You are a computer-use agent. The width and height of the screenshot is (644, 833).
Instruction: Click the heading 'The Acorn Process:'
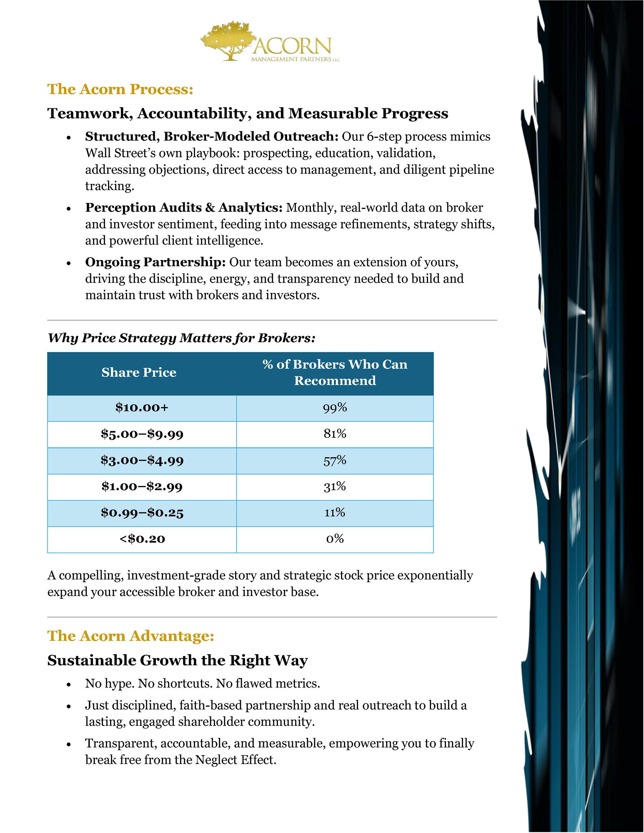[x=120, y=89]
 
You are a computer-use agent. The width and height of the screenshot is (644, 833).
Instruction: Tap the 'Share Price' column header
[x=139, y=372]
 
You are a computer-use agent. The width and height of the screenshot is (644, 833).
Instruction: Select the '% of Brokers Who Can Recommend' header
[x=335, y=372]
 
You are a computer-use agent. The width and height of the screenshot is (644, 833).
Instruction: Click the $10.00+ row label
[x=142, y=408]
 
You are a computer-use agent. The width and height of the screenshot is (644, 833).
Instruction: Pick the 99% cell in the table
[x=335, y=408]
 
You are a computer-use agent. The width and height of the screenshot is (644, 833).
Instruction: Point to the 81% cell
[x=335, y=434]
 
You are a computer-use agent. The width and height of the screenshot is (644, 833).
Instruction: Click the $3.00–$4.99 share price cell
[x=142, y=460]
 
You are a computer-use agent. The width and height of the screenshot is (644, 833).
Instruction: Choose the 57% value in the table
[x=335, y=460]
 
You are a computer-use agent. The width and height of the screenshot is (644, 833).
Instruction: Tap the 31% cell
[x=335, y=486]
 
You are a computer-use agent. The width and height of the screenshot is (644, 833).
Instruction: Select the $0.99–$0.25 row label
[x=142, y=513]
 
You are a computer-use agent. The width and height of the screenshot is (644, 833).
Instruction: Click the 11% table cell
[x=335, y=513]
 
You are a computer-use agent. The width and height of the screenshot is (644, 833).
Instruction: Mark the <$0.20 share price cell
[x=142, y=539]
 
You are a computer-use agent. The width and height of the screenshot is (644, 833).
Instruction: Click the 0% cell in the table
[x=335, y=539]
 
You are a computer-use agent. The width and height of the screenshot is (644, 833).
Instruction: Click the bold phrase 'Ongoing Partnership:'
[x=155, y=262]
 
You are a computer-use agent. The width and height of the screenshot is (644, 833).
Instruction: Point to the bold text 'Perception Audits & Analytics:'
[x=184, y=208]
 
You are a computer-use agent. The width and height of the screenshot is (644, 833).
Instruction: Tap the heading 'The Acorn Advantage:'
[x=130, y=636]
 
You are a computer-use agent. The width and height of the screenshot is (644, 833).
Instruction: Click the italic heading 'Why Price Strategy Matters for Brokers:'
[x=181, y=338]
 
